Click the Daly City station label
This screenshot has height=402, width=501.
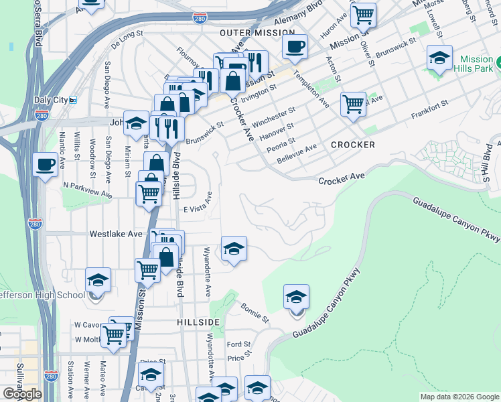pos(50,100)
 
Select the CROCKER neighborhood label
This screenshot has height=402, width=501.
pos(352,145)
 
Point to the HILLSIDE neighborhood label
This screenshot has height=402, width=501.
pos(199,322)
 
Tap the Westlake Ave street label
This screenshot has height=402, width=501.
pos(117,234)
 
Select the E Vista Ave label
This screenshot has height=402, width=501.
pos(198,209)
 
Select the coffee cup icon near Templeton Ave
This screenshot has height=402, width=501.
pos(295,48)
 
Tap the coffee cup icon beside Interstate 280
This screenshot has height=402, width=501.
pos(46,165)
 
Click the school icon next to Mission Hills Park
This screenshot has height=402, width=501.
pos(440,58)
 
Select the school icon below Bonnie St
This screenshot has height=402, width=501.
pos(296,297)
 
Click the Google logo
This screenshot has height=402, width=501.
pos(21,394)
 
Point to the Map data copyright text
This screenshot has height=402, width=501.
pos(459,397)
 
